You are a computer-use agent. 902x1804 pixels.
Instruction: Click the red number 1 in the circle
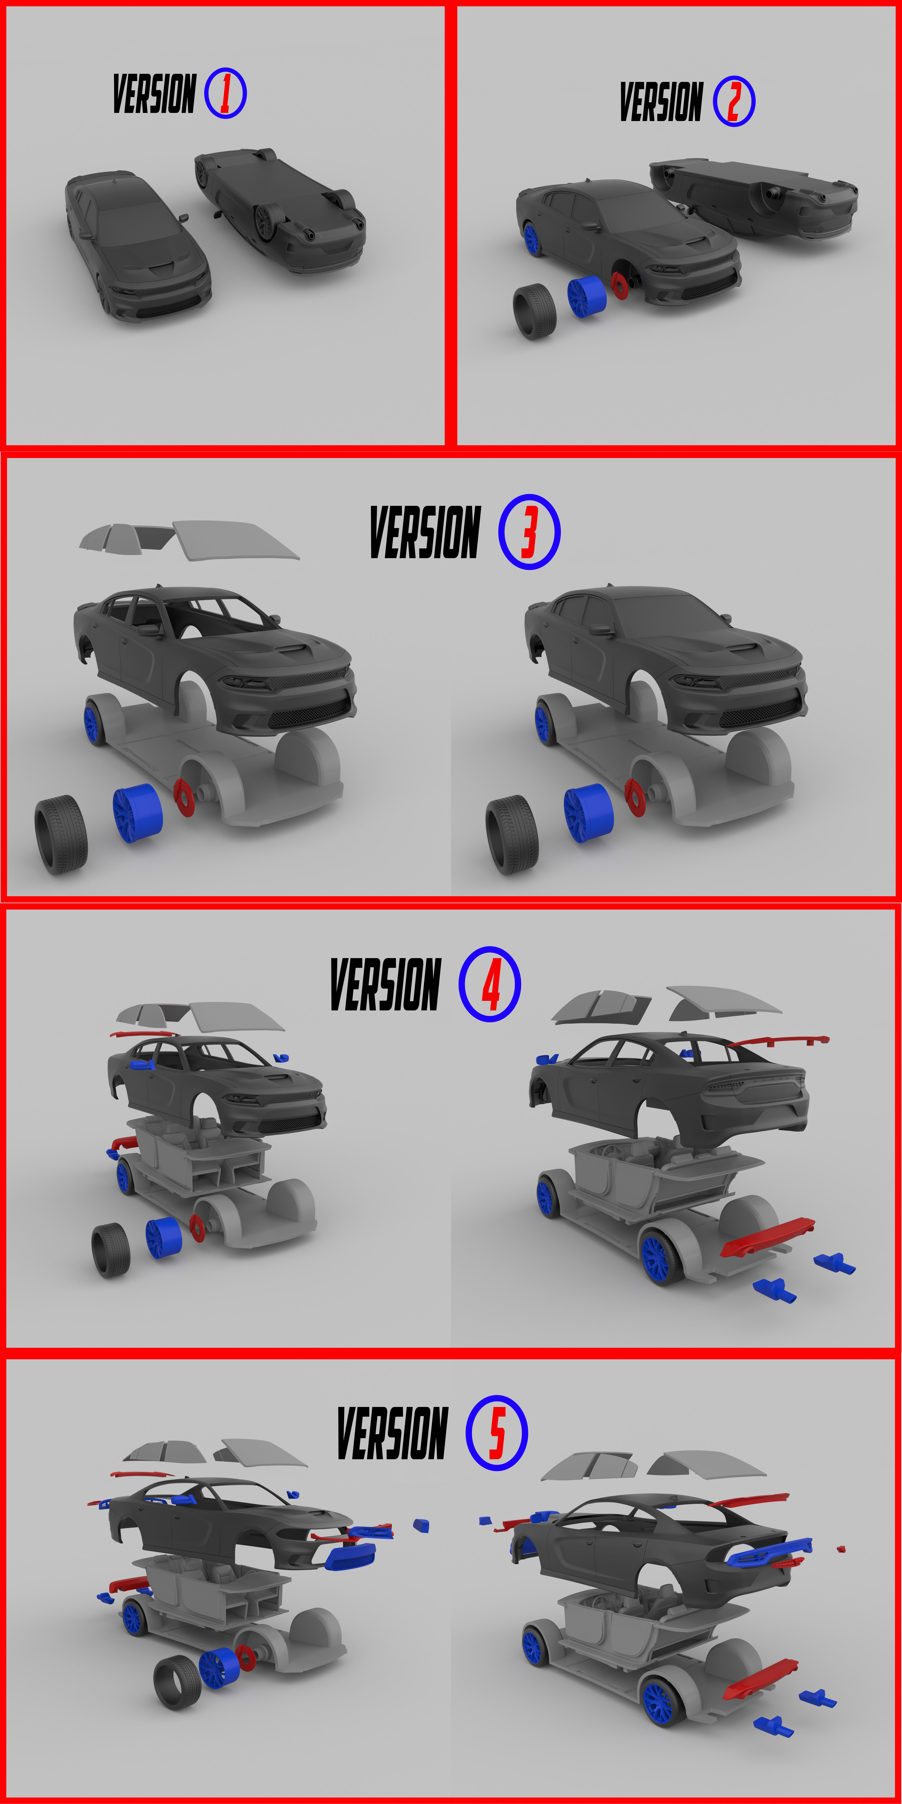pos(225,93)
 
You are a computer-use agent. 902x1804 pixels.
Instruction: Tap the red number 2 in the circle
pos(734,102)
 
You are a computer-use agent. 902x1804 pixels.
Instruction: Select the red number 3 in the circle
pos(529,532)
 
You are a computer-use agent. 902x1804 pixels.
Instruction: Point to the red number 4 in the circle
pos(490,984)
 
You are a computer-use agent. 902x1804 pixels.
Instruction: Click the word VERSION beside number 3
pos(425,532)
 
